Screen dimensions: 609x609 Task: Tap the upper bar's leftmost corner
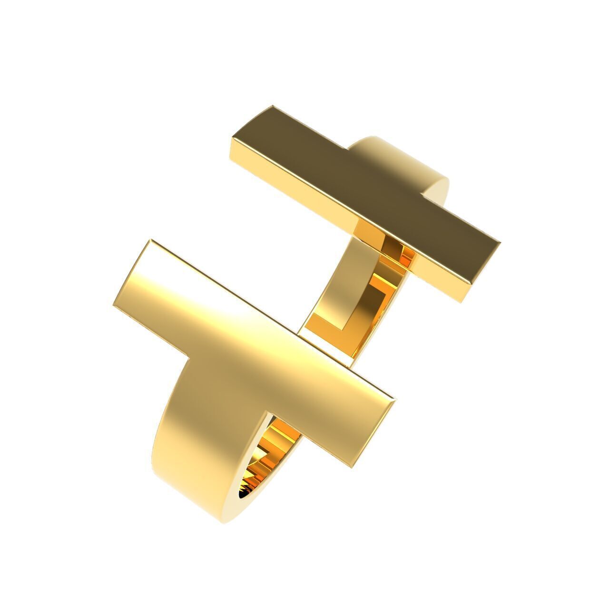pos(232,138)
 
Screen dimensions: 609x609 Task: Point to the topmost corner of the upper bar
pos(272,106)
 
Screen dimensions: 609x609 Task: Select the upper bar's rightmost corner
pos(501,242)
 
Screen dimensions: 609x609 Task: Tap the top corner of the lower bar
pos(151,240)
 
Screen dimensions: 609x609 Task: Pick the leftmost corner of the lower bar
pos(113,304)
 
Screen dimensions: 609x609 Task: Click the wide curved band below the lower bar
pos(200,428)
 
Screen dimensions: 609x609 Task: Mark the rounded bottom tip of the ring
pos(228,521)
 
